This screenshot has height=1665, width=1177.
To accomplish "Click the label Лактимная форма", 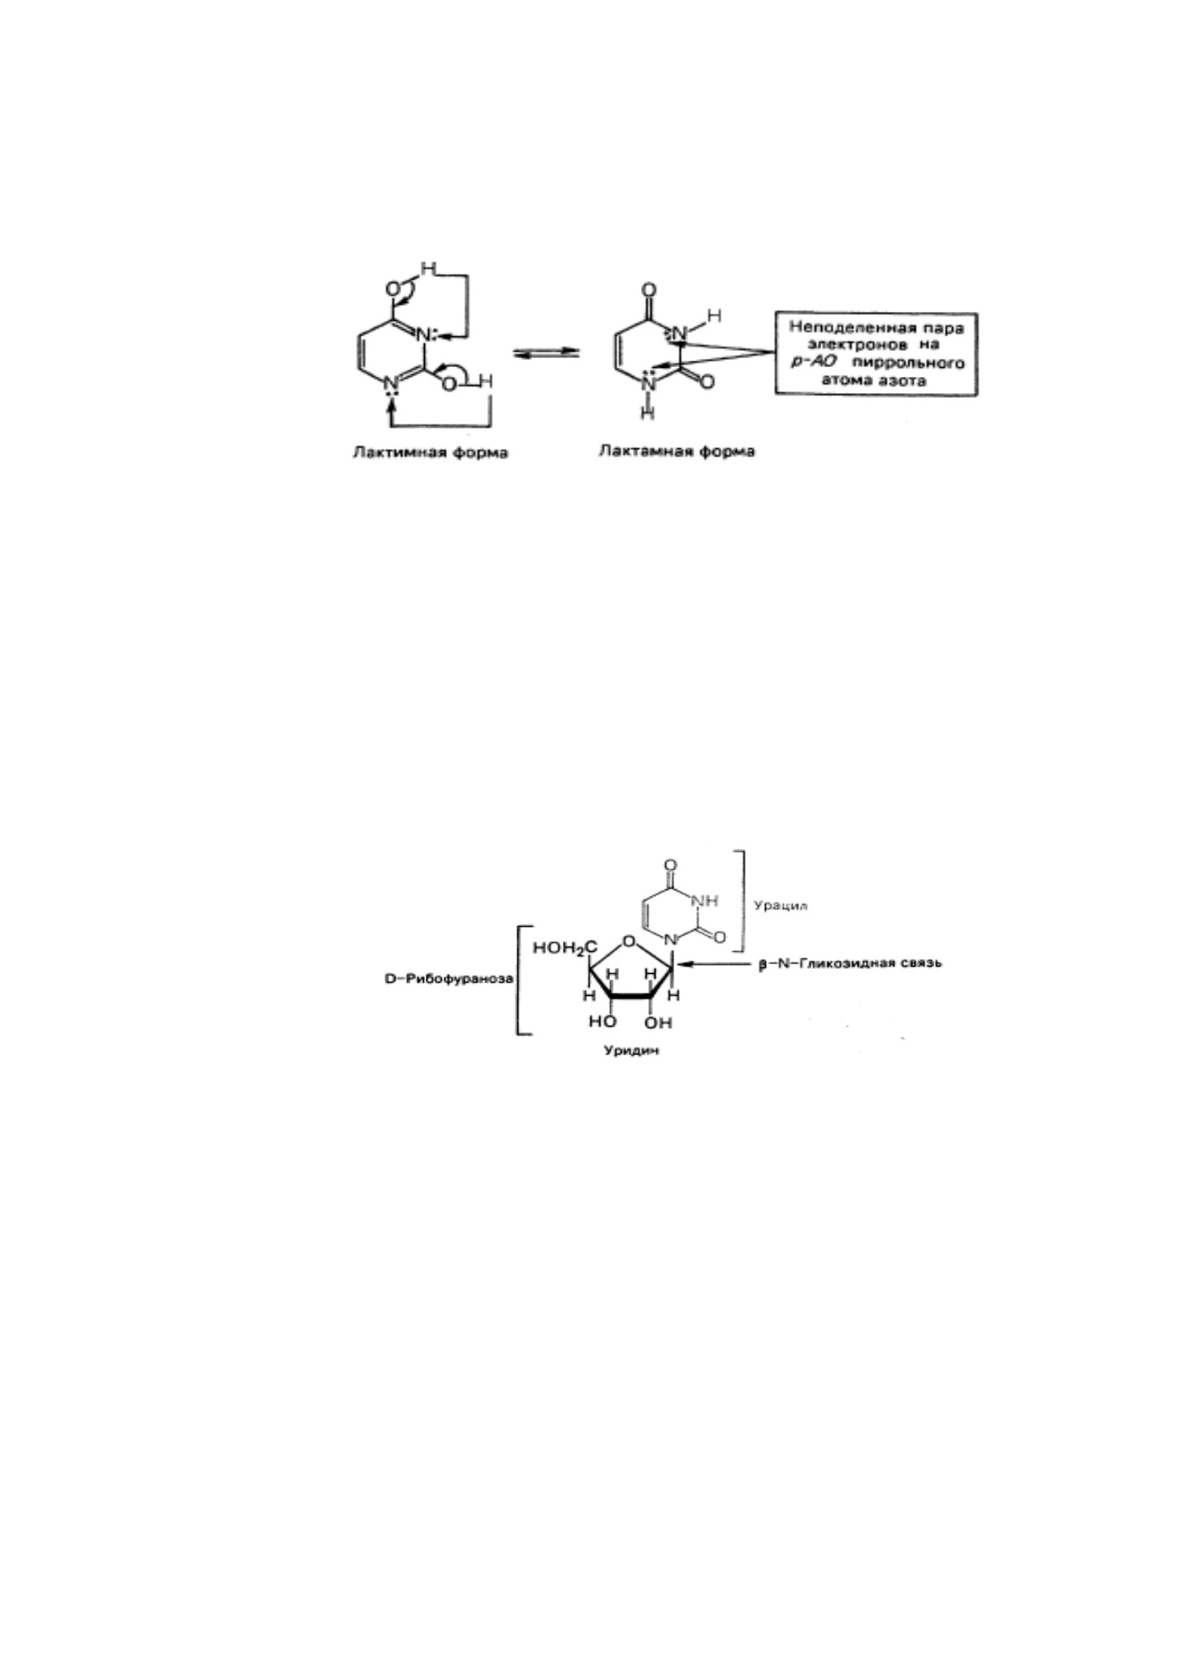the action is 430,453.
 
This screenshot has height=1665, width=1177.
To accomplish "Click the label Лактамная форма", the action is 676,452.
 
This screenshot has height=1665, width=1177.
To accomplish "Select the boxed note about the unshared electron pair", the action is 876,354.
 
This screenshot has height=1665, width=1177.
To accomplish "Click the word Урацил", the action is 781,905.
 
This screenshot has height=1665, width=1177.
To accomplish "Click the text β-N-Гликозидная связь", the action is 850,964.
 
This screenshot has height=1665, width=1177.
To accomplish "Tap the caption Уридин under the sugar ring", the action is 630,1051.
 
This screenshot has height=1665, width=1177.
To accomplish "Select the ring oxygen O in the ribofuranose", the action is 628,942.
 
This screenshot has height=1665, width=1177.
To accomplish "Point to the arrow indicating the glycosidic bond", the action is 716,965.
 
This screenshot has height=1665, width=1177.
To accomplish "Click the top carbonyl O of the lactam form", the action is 648,290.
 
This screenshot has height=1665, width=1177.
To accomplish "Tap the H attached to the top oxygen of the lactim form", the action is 428,268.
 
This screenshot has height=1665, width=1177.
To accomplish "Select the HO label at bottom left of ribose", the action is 602,1022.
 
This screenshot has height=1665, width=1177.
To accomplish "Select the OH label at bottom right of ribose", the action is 659,1023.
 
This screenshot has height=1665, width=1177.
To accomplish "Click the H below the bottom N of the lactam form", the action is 647,413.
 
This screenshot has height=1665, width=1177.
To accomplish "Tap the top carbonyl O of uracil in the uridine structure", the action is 669,866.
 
